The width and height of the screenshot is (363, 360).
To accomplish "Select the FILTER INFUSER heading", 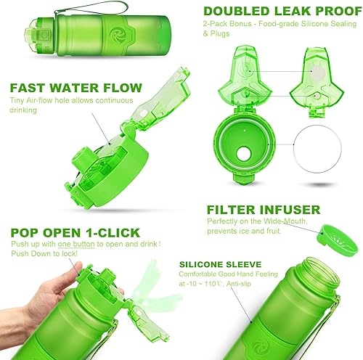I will [x=263, y=210].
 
